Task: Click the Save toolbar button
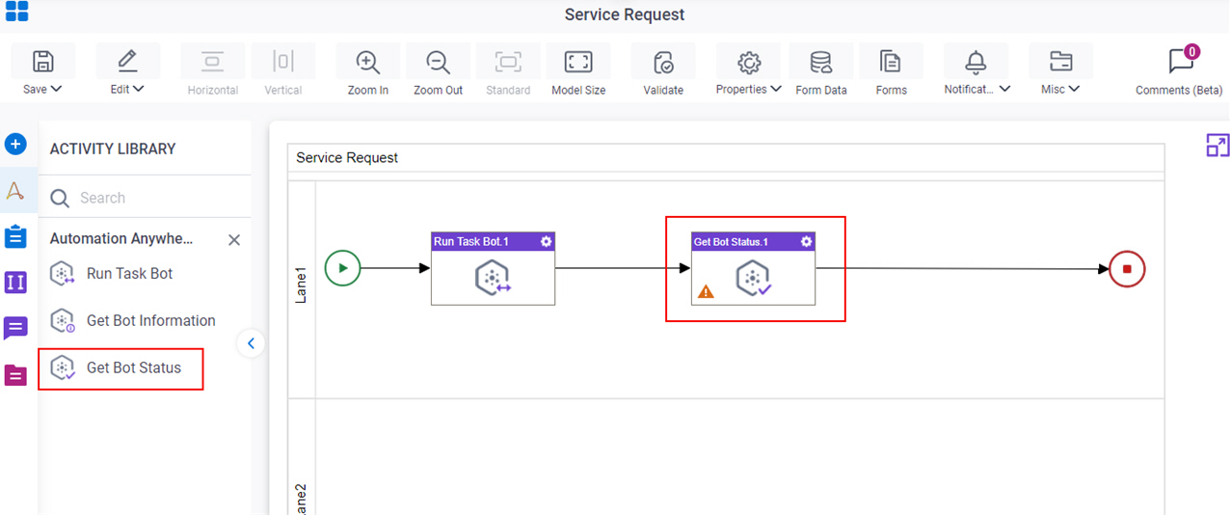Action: click(42, 69)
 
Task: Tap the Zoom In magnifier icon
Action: click(367, 62)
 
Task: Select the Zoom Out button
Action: click(438, 69)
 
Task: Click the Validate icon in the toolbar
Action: click(663, 62)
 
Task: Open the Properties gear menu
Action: click(748, 69)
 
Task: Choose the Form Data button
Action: click(821, 69)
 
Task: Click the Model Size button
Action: click(578, 69)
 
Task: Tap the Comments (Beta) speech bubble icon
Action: click(1181, 61)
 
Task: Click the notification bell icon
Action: click(976, 62)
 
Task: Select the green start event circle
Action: click(342, 268)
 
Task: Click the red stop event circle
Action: click(1127, 269)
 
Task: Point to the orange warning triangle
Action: click(706, 291)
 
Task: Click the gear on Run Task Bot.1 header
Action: click(546, 241)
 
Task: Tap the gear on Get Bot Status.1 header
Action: click(806, 241)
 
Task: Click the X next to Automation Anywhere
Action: click(234, 239)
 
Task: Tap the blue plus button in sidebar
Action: click(15, 145)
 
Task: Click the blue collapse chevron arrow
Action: click(251, 343)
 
